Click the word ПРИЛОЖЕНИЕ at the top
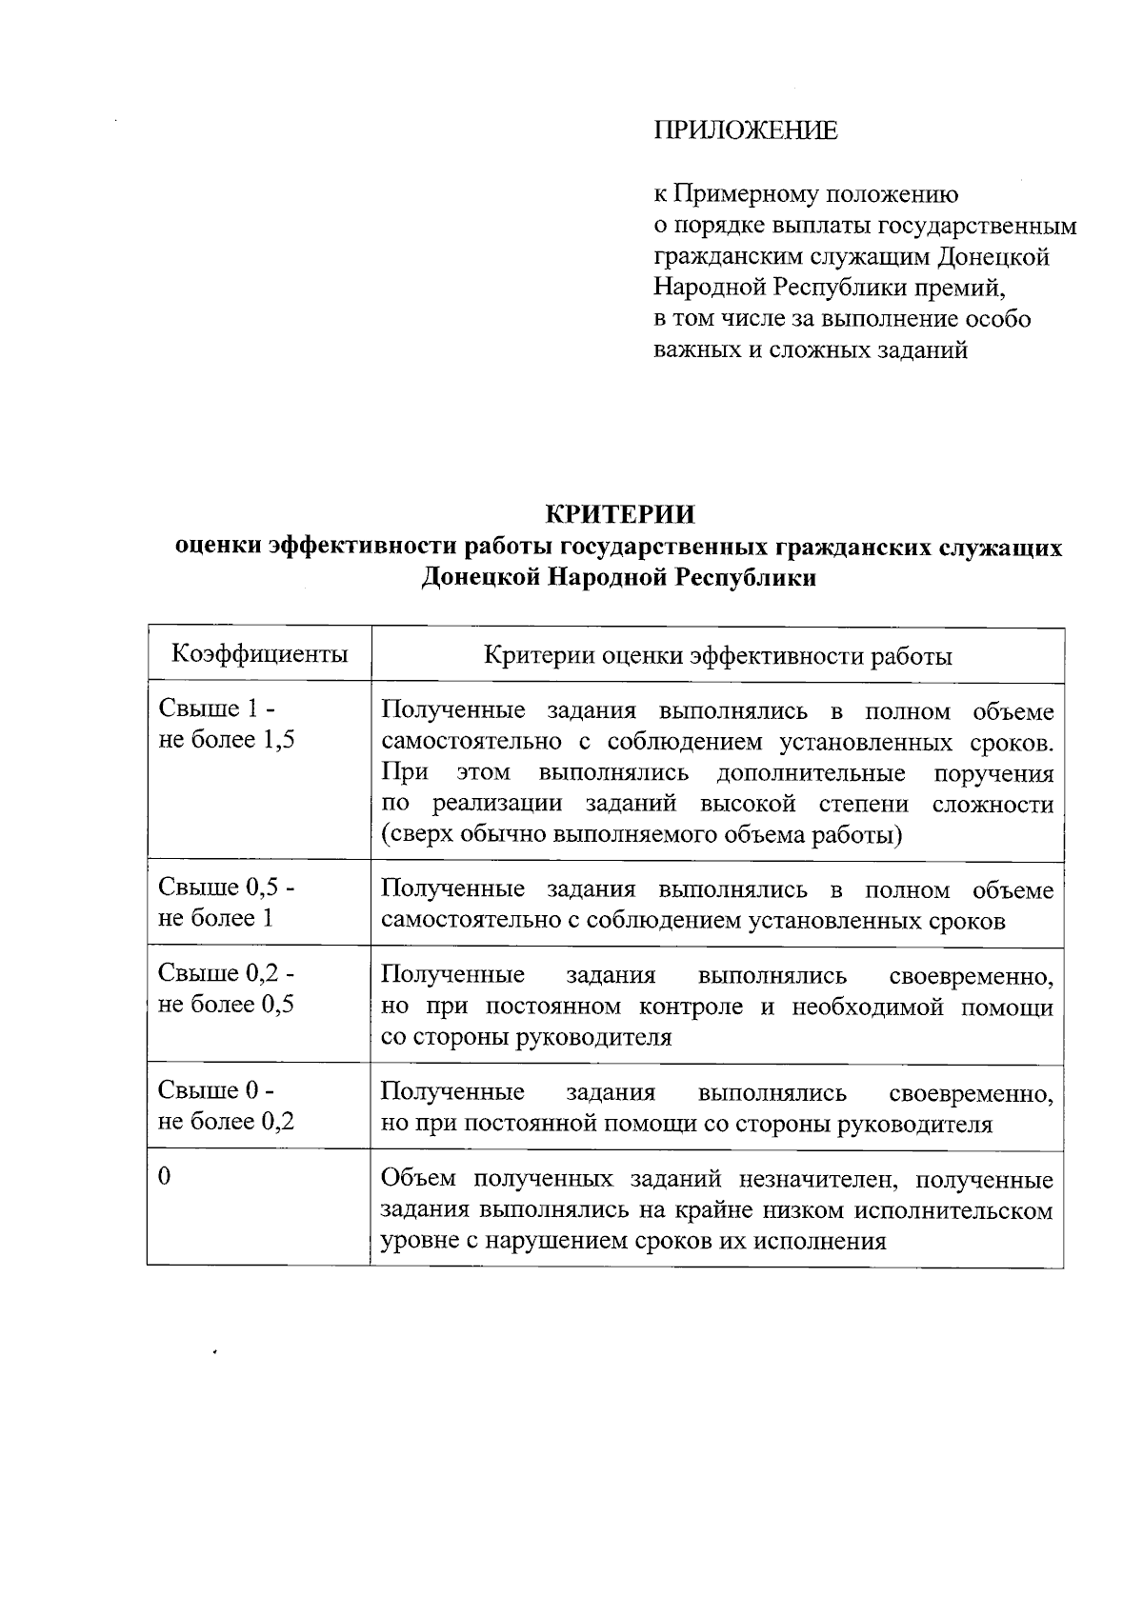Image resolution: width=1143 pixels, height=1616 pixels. coord(745,130)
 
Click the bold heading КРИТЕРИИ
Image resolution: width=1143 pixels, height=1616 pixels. coord(620,514)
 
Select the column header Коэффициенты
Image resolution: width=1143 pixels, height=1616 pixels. coord(259,654)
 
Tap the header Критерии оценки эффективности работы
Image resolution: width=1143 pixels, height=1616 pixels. coord(717,656)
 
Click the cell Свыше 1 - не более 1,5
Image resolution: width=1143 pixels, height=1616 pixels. coord(226,725)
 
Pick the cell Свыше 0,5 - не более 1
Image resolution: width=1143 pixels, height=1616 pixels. coord(226,903)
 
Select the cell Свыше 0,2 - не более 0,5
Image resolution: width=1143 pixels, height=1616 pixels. coord(226,988)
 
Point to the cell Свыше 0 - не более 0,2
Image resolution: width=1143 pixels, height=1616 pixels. coord(226,1106)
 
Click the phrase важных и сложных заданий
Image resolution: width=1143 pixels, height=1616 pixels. coord(811,350)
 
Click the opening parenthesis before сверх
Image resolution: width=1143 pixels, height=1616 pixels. coord(385,835)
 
